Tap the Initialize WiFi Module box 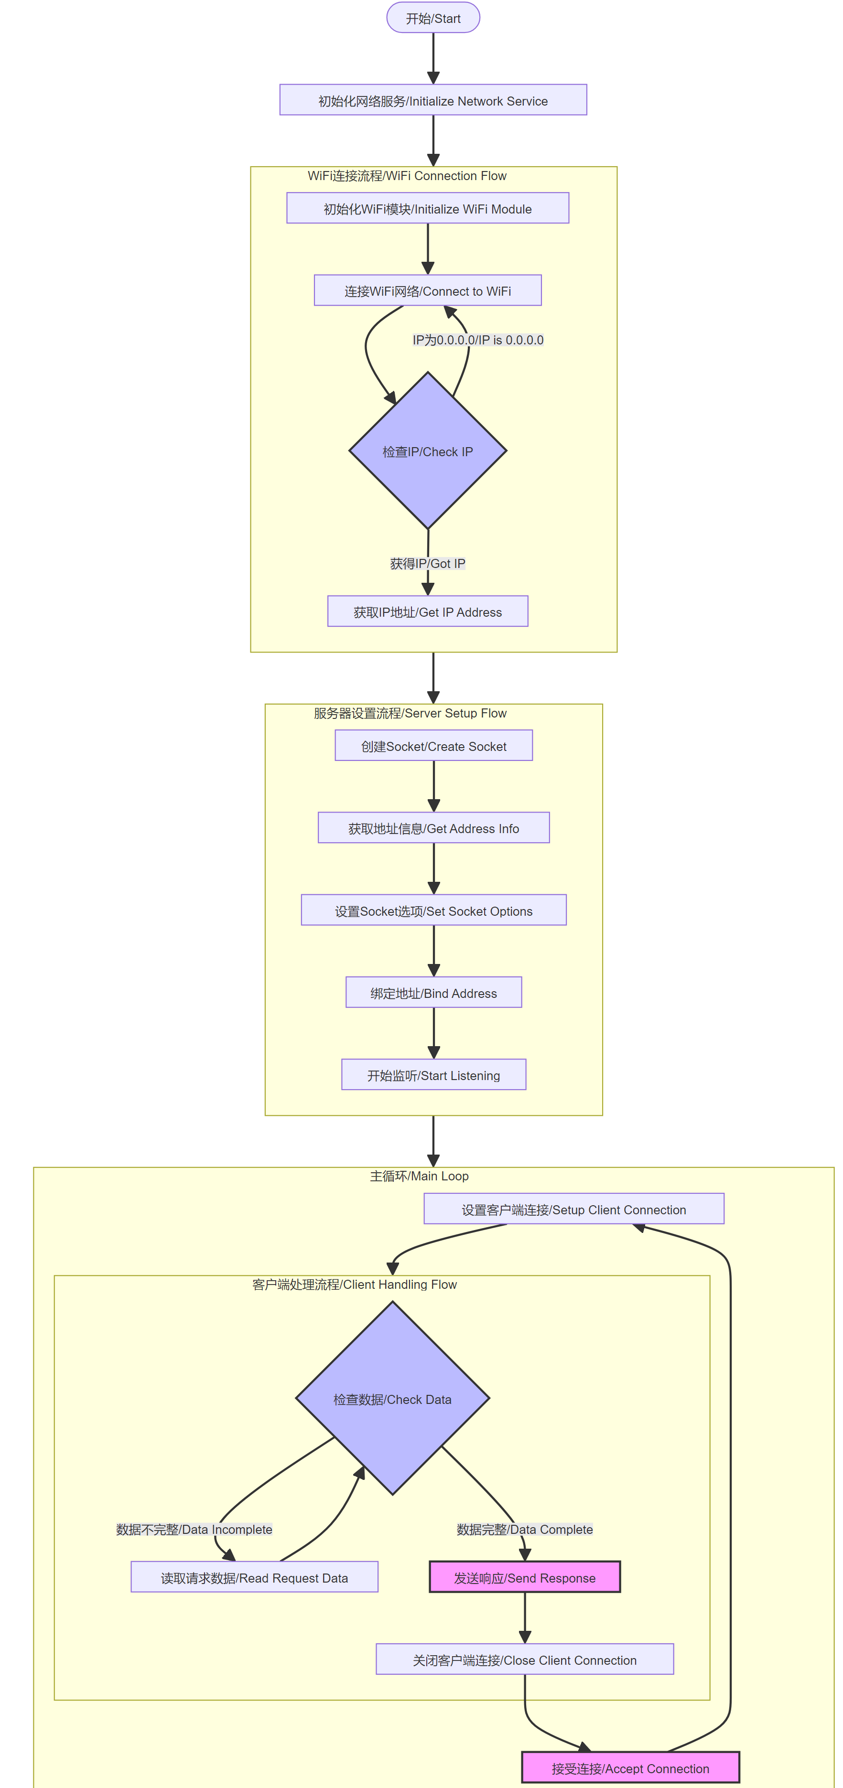pyautogui.click(x=427, y=208)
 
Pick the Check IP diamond pyautogui.click(x=427, y=451)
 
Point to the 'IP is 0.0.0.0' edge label pyautogui.click(x=478, y=340)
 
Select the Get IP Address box pyautogui.click(x=427, y=611)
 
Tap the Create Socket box pyautogui.click(x=433, y=746)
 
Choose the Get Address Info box pyautogui.click(x=433, y=828)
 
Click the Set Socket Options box pyautogui.click(x=433, y=910)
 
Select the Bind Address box pyautogui.click(x=433, y=993)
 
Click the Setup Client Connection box pyautogui.click(x=573, y=1209)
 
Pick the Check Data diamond pyautogui.click(x=392, y=1399)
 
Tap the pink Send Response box pyautogui.click(x=524, y=1577)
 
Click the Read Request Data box pyautogui.click(x=254, y=1577)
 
